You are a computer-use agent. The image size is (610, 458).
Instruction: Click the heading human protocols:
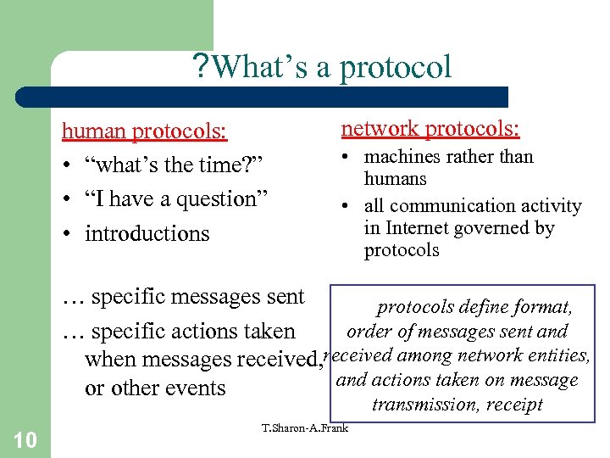coord(144,131)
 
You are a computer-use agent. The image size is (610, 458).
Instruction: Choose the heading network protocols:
coord(430,128)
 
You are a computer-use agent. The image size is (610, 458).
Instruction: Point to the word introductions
coord(147,234)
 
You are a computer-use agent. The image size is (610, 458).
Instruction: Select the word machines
coord(402,157)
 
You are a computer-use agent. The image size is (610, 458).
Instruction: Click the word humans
coord(395,179)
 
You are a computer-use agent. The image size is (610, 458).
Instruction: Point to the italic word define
coord(483,307)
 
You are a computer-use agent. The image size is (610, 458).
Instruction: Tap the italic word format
coord(542,307)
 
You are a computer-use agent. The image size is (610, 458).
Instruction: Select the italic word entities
coord(559,355)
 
